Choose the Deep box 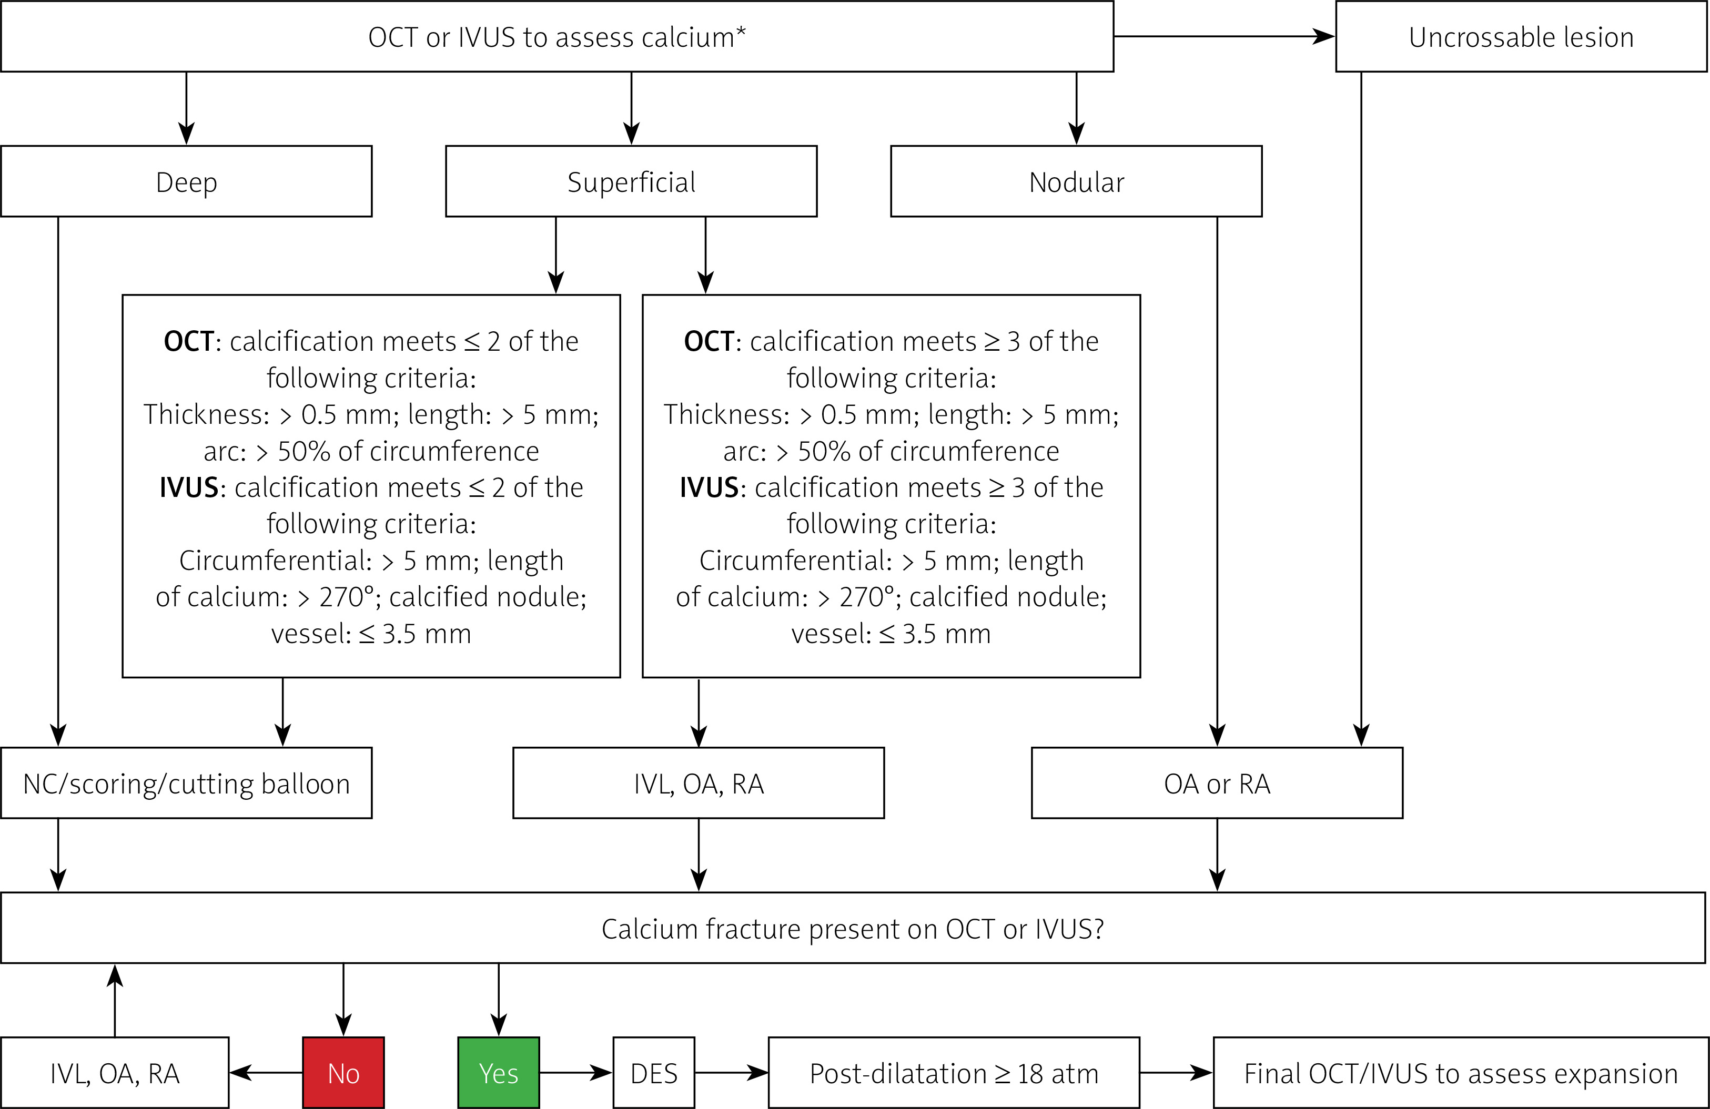tap(186, 182)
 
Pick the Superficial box tap(631, 182)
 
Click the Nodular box tap(1076, 182)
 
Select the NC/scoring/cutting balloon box tap(186, 784)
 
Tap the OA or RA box tap(1217, 784)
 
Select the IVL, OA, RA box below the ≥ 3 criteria tap(699, 784)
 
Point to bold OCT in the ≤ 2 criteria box tap(189, 341)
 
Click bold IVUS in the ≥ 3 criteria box tap(709, 487)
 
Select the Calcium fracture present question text tap(852, 929)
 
